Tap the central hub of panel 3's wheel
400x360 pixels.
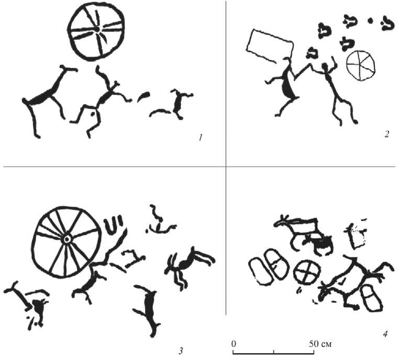tap(67, 239)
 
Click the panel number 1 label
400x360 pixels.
tap(201, 138)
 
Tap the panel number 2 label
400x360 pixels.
tap(387, 134)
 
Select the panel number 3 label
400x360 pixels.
tap(181, 351)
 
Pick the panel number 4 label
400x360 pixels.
tap(385, 333)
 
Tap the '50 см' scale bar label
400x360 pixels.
tap(320, 344)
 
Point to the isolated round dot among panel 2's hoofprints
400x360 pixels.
tap(370, 21)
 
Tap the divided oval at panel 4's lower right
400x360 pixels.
tap(371, 298)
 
